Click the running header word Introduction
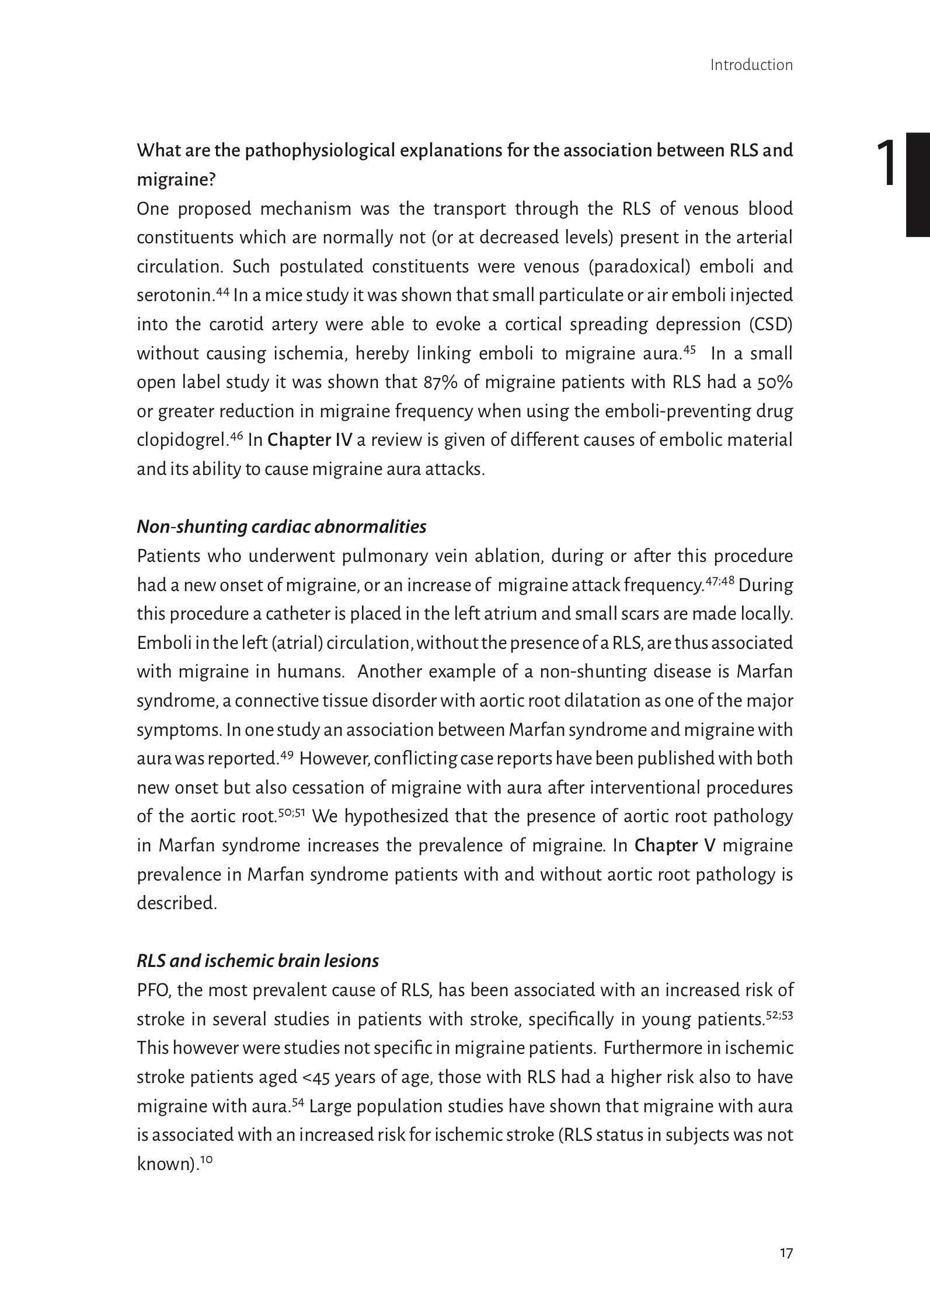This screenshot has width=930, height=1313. (751, 65)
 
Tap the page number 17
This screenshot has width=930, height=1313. (786, 1253)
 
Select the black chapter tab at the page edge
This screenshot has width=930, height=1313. (917, 184)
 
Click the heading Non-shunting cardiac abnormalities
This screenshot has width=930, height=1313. (281, 527)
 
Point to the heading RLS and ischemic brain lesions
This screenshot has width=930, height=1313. (257, 961)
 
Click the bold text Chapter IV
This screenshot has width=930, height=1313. (309, 440)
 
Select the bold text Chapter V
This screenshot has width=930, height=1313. (674, 846)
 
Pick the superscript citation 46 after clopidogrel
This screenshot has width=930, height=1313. (236, 436)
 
